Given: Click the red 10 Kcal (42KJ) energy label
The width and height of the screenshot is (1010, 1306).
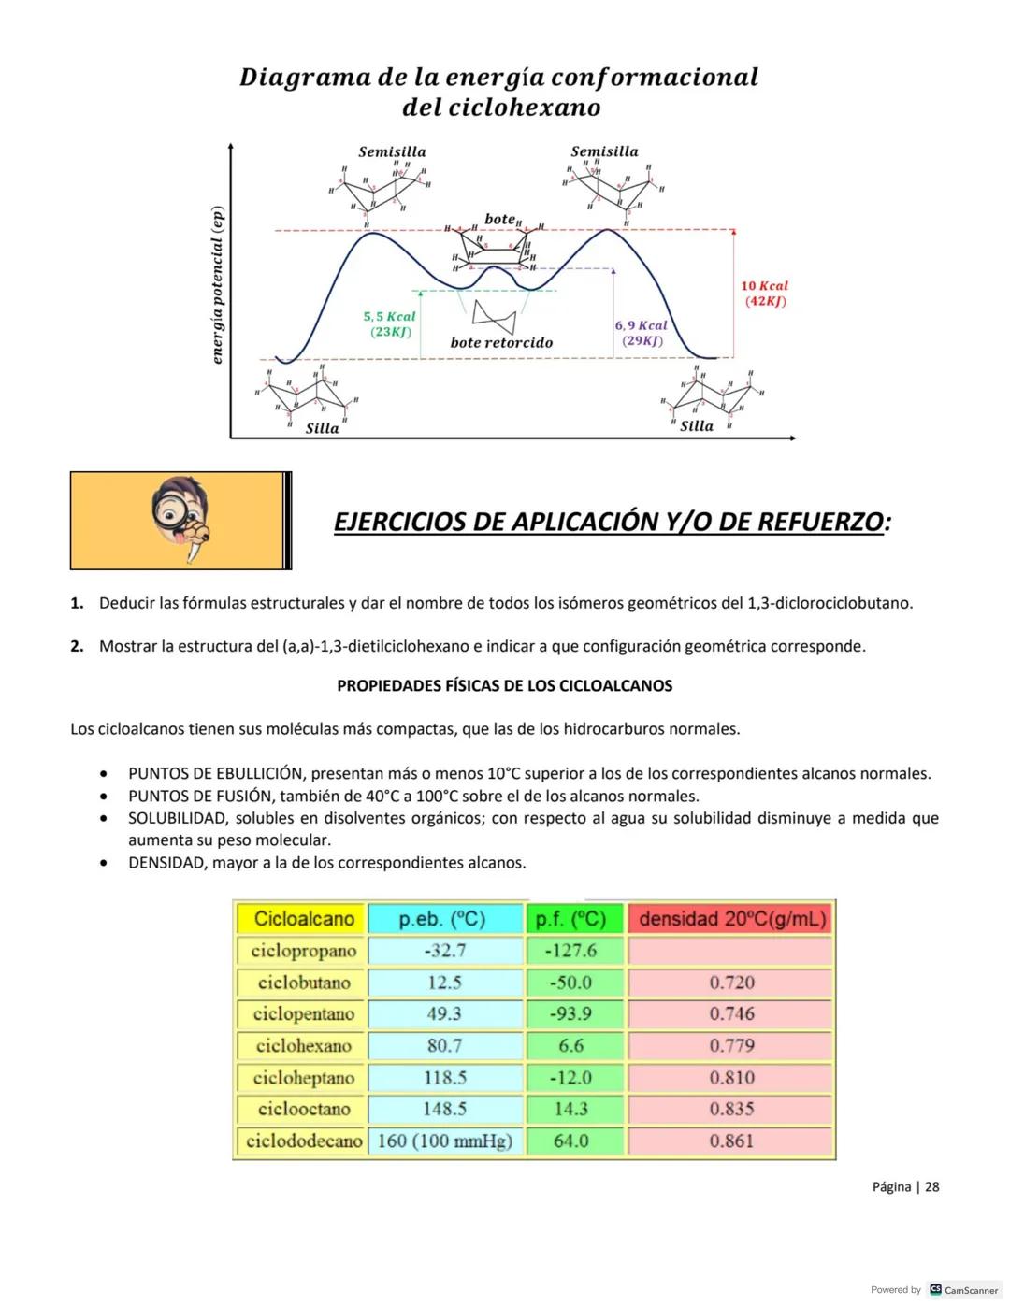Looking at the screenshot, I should tap(764, 294).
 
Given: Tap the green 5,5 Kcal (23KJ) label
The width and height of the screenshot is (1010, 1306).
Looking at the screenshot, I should tap(389, 324).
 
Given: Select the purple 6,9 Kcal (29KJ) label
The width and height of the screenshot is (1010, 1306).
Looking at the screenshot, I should tap(641, 333).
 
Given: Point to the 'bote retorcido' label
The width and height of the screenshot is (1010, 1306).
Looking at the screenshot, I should tap(501, 343).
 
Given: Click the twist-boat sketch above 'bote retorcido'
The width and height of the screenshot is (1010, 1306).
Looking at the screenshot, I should tap(494, 314).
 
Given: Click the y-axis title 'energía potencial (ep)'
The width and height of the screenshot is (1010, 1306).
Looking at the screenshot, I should tap(217, 285).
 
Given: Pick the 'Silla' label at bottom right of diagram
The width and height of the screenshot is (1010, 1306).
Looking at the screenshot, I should tap(696, 426).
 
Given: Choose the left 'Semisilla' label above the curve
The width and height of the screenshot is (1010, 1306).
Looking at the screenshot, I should tap(392, 151).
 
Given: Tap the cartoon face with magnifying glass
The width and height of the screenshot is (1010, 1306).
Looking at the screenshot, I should tap(181, 519).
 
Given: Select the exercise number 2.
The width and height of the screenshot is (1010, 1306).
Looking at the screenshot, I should tap(77, 646).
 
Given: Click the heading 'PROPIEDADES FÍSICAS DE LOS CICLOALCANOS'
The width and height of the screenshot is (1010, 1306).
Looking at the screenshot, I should tap(504, 685).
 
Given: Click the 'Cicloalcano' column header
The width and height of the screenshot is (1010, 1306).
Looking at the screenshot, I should tap(304, 919).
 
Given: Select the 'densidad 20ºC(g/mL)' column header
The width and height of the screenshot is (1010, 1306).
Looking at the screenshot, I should tap(732, 919).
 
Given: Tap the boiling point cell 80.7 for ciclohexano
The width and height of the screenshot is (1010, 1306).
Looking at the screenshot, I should tap(444, 1045).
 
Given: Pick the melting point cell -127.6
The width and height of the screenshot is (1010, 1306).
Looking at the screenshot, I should tap(570, 951).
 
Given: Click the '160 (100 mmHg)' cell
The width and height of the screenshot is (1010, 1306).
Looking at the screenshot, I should tap(444, 1141).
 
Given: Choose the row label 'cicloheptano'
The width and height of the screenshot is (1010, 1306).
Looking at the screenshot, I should tap(304, 1077).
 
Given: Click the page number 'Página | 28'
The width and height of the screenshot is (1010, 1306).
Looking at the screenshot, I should tap(905, 1186).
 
